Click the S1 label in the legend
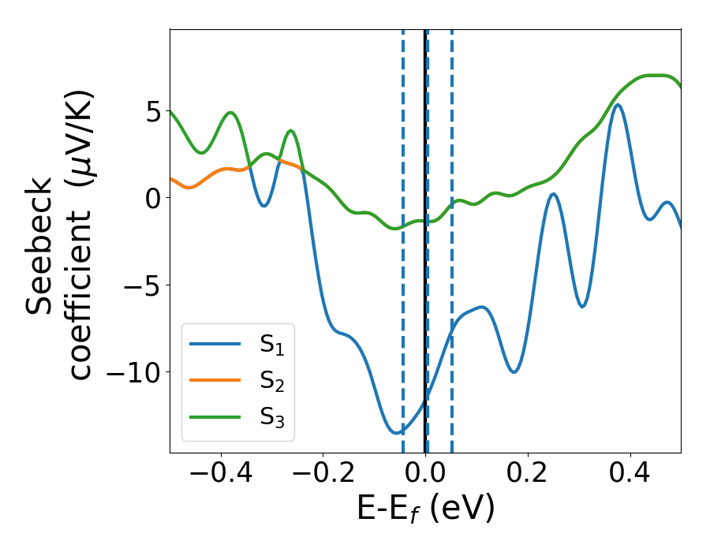click(x=272, y=345)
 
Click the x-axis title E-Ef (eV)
click(x=426, y=509)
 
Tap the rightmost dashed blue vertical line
click(x=451, y=237)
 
